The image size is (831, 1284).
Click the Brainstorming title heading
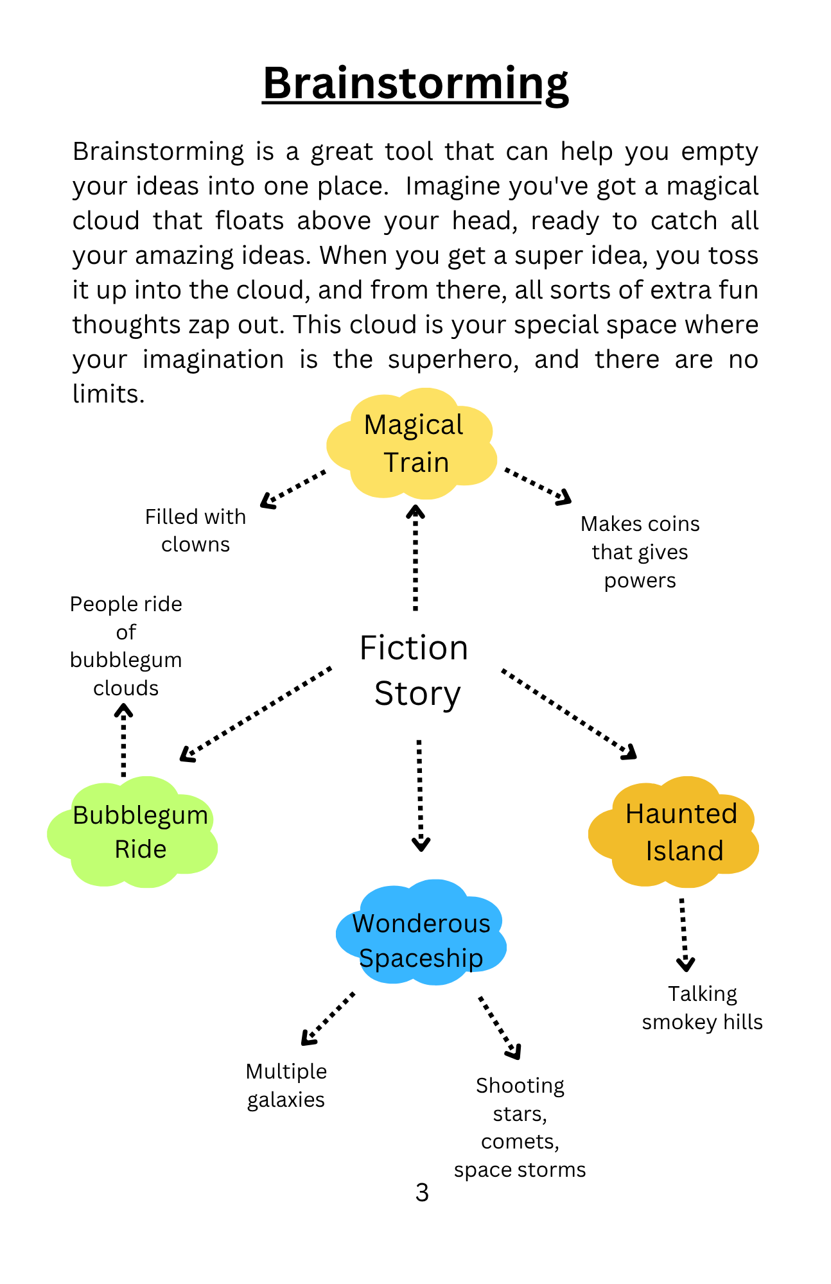pyautogui.click(x=415, y=83)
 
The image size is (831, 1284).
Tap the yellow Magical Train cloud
pyautogui.click(x=413, y=444)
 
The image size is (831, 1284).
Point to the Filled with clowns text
pyautogui.click(x=195, y=530)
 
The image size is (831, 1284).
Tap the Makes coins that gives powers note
pyautogui.click(x=640, y=552)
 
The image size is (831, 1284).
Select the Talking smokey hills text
pyautogui.click(x=702, y=1008)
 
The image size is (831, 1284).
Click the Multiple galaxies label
pyautogui.click(x=286, y=1086)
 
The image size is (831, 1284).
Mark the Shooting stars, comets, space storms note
pyautogui.click(x=520, y=1127)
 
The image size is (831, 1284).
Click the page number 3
pyautogui.click(x=422, y=1193)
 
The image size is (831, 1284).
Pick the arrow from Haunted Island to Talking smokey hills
pyautogui.click(x=685, y=934)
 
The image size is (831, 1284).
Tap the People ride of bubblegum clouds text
pyautogui.click(x=126, y=646)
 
